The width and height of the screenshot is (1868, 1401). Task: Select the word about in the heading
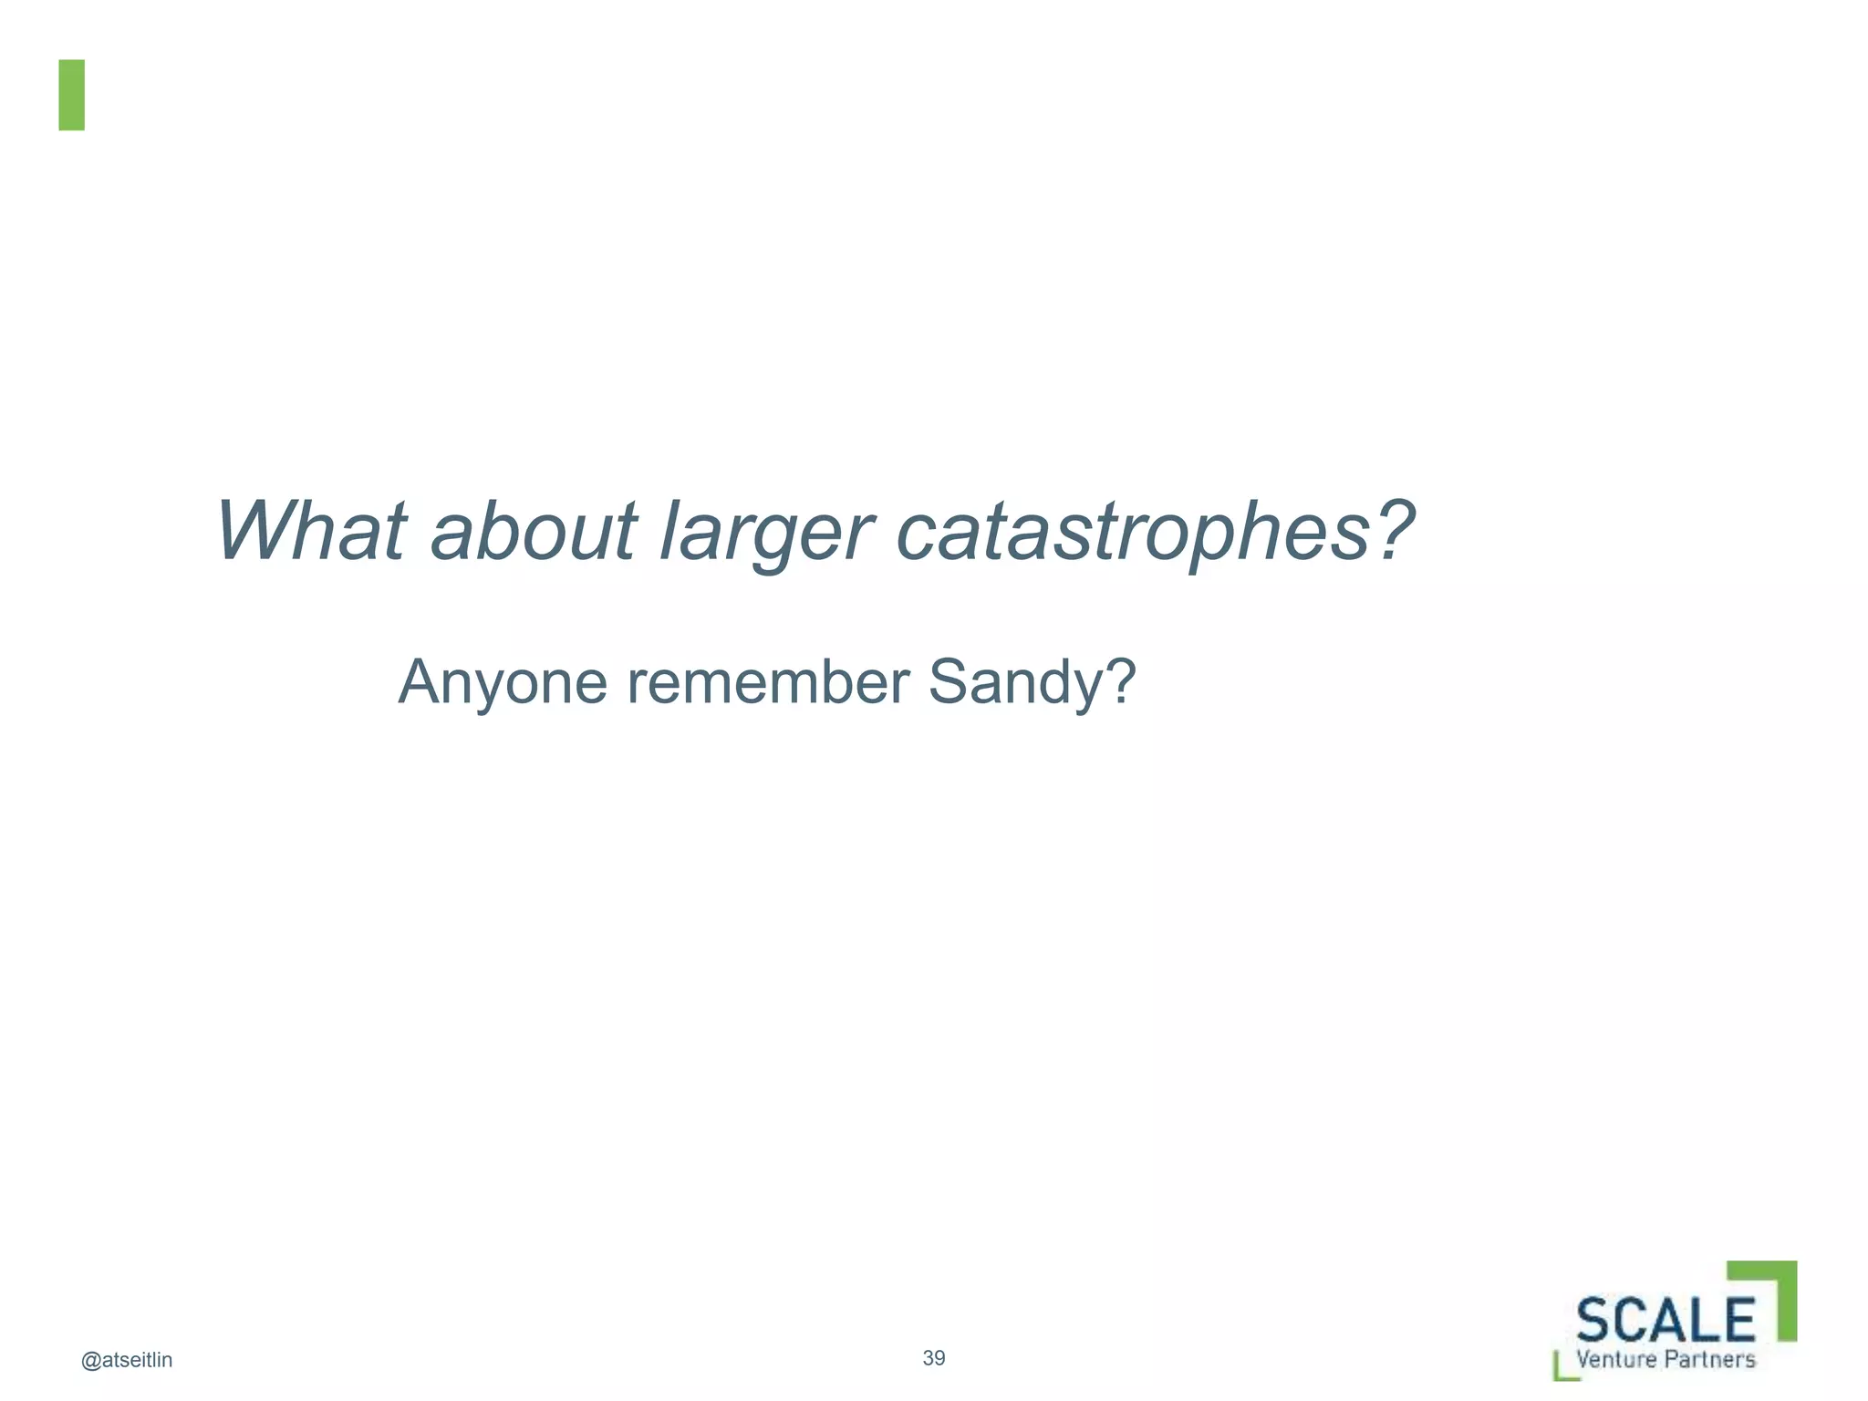pyautogui.click(x=534, y=531)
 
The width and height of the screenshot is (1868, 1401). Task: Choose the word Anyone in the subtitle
pyautogui.click(x=503, y=682)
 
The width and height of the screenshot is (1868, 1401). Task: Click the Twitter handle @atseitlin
pyautogui.click(x=127, y=1360)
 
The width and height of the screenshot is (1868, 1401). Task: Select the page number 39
pyautogui.click(x=934, y=1358)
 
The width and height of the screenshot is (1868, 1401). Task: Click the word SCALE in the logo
pyautogui.click(x=1666, y=1319)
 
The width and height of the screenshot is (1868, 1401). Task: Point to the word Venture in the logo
pyautogui.click(x=1615, y=1359)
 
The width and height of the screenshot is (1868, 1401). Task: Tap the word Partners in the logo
pyautogui.click(x=1710, y=1359)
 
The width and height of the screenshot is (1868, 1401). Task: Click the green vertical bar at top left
pyautogui.click(x=72, y=95)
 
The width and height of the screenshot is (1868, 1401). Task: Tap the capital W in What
pyautogui.click(x=251, y=531)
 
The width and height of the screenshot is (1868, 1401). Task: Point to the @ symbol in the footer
pyautogui.click(x=90, y=1361)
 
